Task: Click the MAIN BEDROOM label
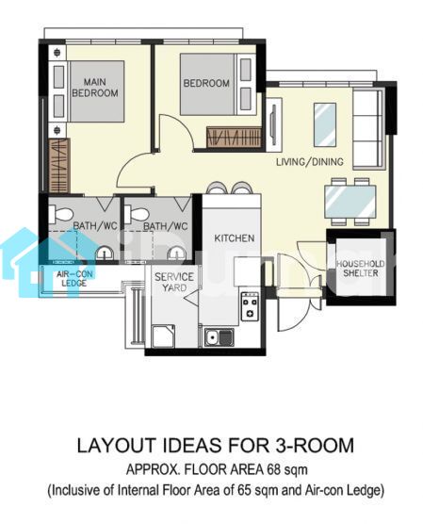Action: (95, 88)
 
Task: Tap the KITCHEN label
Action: (235, 238)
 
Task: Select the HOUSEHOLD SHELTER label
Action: (360, 269)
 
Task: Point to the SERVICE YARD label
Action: (174, 282)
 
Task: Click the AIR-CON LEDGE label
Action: (74, 279)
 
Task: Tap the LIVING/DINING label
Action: (310, 162)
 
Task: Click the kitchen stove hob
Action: (250, 306)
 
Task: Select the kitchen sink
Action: (220, 336)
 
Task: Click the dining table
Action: (350, 202)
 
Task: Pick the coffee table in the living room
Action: (325, 124)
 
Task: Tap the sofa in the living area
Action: (367, 129)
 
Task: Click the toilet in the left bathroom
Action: (61, 214)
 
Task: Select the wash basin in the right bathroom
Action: (176, 254)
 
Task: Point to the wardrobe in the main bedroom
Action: (59, 166)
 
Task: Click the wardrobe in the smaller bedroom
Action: (234, 137)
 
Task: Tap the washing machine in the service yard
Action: (163, 336)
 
